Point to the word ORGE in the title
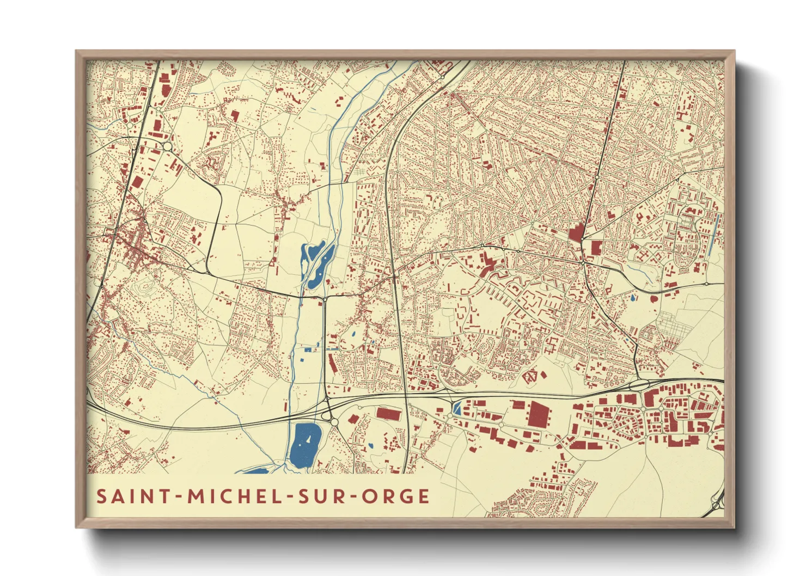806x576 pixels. [x=396, y=497]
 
